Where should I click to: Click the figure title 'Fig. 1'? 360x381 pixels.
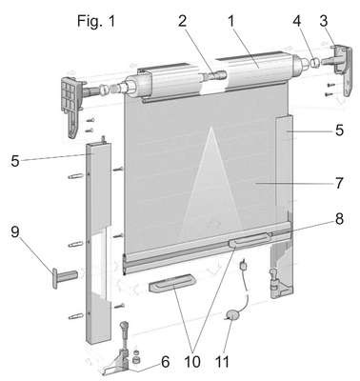[96, 22]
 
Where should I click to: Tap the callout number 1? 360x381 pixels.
[231, 22]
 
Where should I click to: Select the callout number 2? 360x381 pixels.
[182, 22]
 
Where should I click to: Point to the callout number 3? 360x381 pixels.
[324, 21]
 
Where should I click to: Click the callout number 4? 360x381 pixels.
[296, 21]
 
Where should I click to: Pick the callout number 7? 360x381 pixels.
[339, 183]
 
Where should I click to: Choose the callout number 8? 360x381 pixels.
[339, 219]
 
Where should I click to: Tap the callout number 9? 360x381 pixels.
[15, 231]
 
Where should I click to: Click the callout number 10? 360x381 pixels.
[191, 362]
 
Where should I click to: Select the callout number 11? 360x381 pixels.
[222, 362]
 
